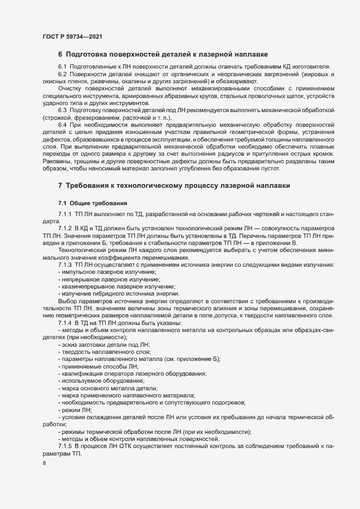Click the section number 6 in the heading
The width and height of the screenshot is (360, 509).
pos(60,54)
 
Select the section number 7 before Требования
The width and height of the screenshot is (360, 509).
pos(60,186)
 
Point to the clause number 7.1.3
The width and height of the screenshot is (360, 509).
pos(65,265)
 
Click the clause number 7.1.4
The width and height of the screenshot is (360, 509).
pos(65,323)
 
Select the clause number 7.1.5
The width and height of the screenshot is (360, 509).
pos(65,446)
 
